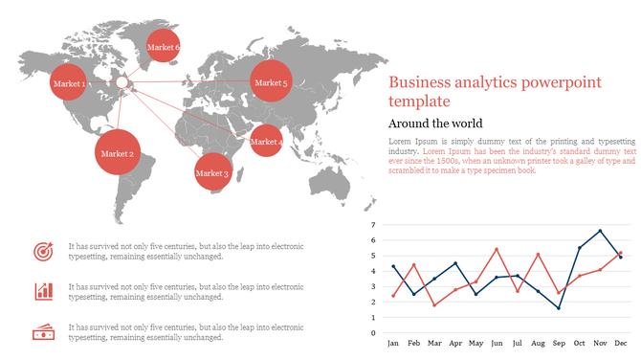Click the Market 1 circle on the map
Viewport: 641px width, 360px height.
coord(69,84)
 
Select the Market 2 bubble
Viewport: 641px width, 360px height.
coord(118,153)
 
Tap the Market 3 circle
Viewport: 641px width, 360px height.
coord(211,172)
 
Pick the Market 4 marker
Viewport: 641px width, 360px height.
coord(265,142)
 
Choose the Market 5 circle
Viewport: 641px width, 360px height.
coord(270,83)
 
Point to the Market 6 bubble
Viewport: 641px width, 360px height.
coord(163,46)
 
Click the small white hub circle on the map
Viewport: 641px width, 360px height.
coord(122,83)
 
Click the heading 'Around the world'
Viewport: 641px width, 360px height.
coord(435,124)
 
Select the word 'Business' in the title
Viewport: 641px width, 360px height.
coord(420,82)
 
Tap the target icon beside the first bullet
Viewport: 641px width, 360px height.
coord(43,251)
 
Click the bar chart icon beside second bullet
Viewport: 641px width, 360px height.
coord(43,291)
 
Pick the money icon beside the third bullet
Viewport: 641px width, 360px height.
coord(43,332)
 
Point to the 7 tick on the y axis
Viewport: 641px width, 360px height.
coord(374,225)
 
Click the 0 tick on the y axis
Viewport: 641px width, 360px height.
coord(374,333)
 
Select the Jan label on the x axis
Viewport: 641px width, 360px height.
coord(393,343)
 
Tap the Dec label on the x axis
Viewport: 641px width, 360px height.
coord(621,343)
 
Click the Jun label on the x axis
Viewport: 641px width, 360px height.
coord(497,343)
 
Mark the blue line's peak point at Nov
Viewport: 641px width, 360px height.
coord(600,231)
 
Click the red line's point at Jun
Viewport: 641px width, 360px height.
coord(497,249)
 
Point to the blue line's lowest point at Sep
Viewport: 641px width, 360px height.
coord(559,308)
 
